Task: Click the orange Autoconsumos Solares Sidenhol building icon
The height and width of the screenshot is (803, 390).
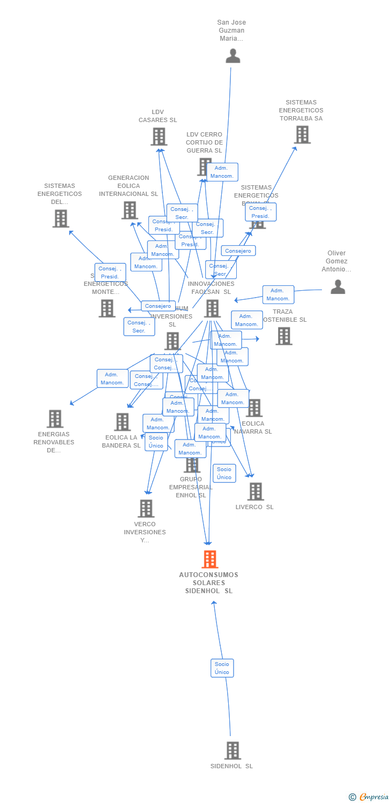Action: point(209,559)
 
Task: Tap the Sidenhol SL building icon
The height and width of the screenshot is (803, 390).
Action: point(232,751)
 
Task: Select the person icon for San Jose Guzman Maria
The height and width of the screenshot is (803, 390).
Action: point(232,56)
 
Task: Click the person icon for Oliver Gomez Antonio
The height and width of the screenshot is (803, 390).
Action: point(337,287)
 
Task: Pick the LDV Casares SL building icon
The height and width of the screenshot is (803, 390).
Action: point(159,137)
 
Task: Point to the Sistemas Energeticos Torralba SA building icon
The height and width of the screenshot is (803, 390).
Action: point(302,134)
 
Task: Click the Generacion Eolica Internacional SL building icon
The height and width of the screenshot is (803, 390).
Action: point(130,210)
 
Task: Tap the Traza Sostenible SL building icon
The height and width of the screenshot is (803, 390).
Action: point(283,336)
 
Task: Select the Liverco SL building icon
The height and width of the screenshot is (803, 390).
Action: point(256,491)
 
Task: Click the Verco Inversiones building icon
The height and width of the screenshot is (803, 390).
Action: point(146,509)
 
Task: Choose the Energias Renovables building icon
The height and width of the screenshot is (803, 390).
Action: point(55,419)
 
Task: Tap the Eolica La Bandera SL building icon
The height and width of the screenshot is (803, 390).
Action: point(122,422)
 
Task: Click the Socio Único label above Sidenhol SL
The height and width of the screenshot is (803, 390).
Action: point(222,668)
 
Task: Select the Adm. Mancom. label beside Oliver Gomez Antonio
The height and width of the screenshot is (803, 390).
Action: point(278,294)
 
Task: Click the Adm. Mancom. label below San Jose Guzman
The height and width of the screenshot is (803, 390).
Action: point(222,172)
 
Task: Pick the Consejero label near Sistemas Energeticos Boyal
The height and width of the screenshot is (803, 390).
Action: point(238,251)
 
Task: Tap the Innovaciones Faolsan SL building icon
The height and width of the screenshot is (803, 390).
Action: point(212,308)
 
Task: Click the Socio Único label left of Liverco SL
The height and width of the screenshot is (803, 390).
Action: point(224,473)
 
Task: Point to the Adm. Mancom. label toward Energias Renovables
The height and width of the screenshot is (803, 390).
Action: point(112,378)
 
